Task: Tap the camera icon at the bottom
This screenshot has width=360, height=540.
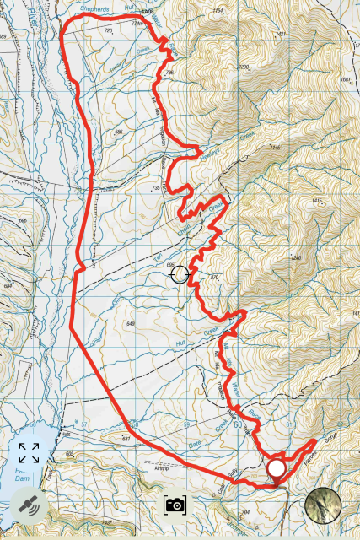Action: click(175, 505)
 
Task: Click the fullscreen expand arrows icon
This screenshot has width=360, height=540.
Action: click(29, 453)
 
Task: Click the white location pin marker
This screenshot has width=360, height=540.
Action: click(276, 469)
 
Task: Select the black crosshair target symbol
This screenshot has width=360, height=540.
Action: click(180, 274)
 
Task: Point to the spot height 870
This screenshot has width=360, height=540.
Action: click(214, 277)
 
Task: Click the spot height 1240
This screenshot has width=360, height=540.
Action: click(295, 257)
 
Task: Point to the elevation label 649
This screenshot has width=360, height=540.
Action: click(130, 324)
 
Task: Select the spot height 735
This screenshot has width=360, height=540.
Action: click(155, 188)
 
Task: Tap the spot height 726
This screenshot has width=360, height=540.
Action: click(108, 30)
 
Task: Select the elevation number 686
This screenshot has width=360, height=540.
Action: click(22, 220)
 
